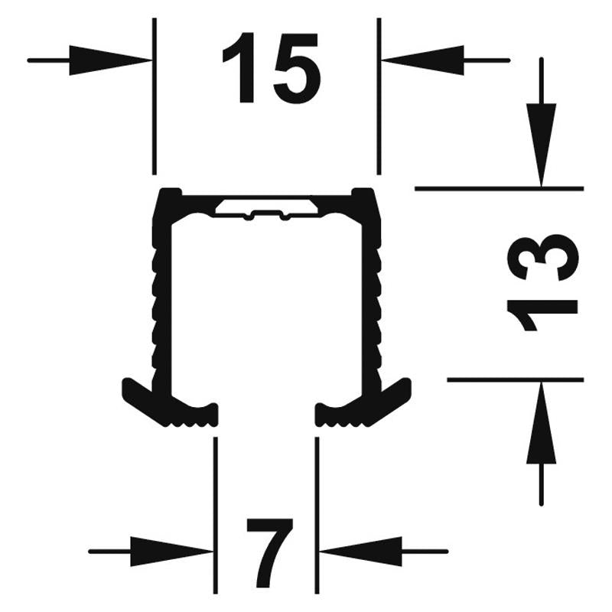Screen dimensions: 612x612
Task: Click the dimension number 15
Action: click(x=272, y=69)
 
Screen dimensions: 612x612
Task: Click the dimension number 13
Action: click(x=542, y=282)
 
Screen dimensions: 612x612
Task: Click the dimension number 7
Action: click(x=270, y=553)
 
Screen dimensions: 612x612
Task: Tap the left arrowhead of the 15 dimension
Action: click(x=110, y=60)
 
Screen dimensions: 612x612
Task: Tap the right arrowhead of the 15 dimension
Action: click(x=423, y=60)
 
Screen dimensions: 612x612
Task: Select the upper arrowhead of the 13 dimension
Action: click(x=541, y=145)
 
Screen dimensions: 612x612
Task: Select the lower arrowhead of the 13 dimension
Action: click(x=541, y=422)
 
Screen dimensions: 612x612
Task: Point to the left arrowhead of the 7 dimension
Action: click(x=171, y=552)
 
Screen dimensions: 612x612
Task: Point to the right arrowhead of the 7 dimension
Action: click(x=361, y=552)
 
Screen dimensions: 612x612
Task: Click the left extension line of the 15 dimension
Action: click(x=155, y=96)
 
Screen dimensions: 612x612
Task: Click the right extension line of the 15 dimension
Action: click(x=379, y=96)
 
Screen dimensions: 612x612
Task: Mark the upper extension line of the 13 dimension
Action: click(x=500, y=189)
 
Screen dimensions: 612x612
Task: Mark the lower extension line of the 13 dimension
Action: click(x=515, y=379)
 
